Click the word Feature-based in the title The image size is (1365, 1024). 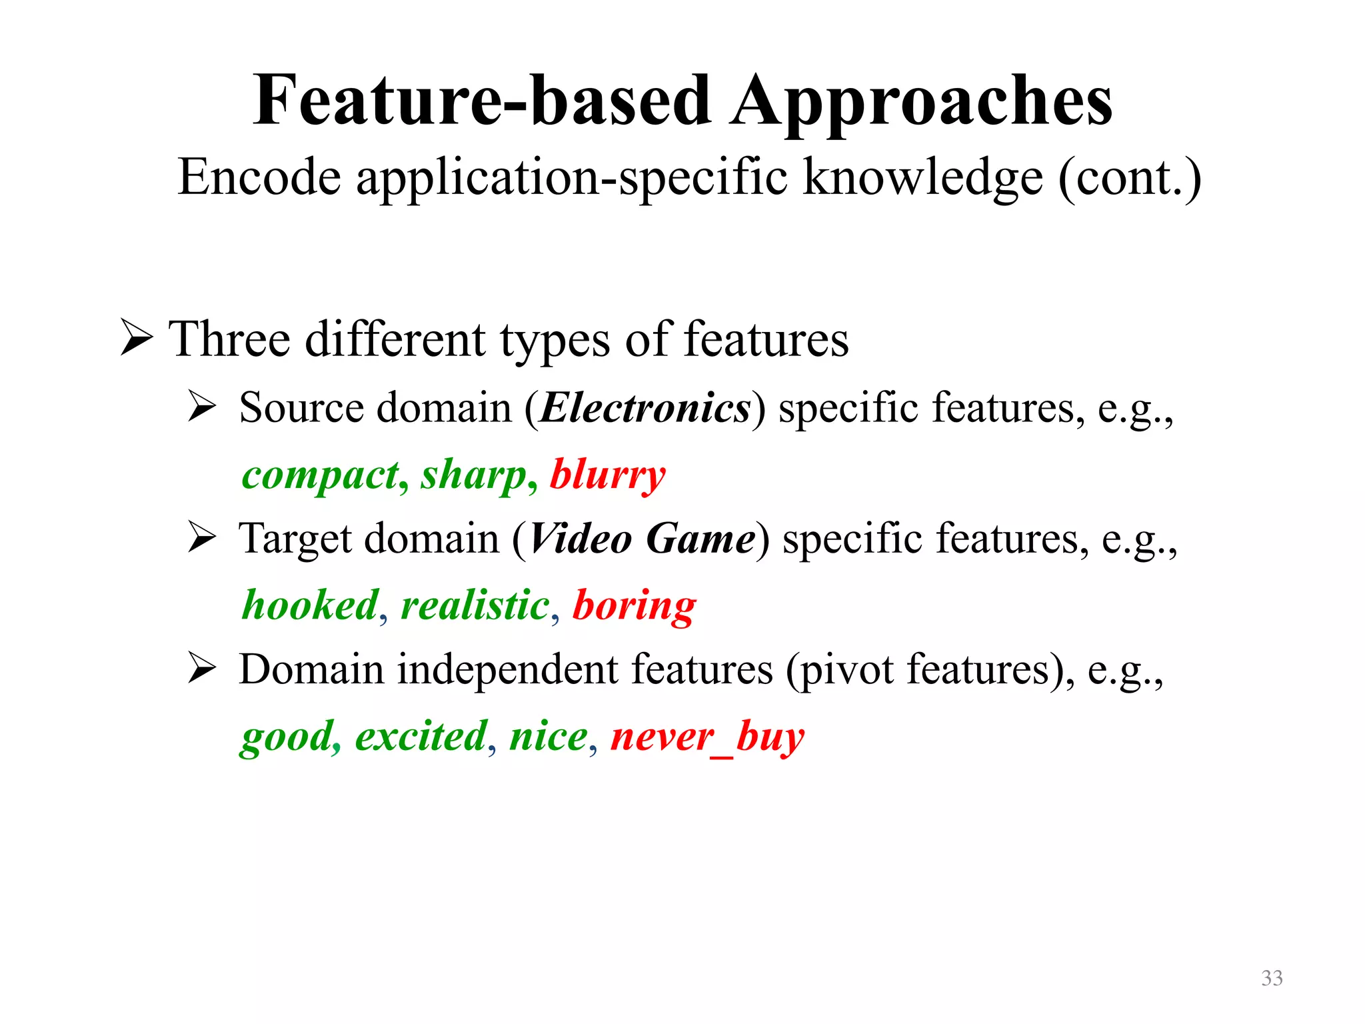click(481, 101)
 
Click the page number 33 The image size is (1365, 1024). click(1272, 978)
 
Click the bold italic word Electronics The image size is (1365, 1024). click(645, 408)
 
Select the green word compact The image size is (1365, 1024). click(321, 476)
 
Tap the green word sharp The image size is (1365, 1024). click(474, 476)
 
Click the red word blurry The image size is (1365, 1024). click(607, 476)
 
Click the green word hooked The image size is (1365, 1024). click(310, 605)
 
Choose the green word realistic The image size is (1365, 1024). click(475, 605)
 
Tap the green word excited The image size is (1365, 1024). click(421, 736)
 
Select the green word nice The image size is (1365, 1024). click(549, 736)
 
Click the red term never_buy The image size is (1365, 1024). click(707, 737)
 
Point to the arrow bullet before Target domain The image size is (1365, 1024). click(201, 537)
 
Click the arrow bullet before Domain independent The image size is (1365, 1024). click(201, 668)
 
